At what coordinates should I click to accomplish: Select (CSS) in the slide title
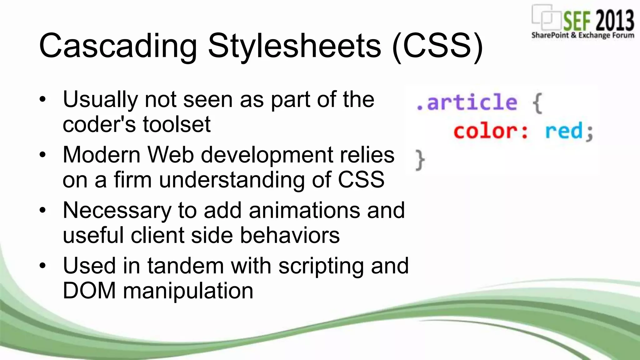click(437, 46)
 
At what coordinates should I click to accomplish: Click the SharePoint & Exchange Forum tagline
click(582, 35)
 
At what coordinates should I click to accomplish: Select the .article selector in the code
click(467, 102)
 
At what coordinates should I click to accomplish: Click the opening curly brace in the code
click(537, 103)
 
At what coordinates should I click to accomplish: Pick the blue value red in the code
click(564, 131)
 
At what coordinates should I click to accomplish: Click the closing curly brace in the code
click(420, 160)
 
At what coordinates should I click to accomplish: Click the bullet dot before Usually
click(43, 100)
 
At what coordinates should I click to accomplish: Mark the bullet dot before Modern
click(43, 155)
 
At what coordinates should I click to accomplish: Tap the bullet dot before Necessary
click(43, 210)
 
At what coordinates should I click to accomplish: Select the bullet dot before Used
click(43, 266)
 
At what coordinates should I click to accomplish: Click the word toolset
click(177, 124)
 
